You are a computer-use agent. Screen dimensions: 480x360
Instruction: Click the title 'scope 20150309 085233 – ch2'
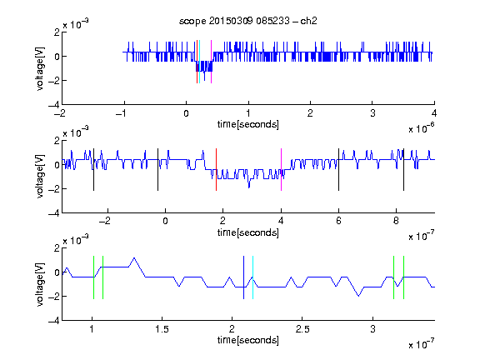click(x=248, y=21)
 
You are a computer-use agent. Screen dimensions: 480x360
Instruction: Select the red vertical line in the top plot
click(x=197, y=62)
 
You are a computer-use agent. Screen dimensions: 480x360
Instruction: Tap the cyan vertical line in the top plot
click(x=200, y=62)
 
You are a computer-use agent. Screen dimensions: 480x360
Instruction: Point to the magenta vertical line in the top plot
click(x=211, y=62)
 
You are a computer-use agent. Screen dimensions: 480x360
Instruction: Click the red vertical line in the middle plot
click(x=216, y=170)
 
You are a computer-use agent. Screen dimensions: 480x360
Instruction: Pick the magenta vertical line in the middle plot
click(x=281, y=170)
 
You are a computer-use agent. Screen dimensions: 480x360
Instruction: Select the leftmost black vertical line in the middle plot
click(x=93, y=170)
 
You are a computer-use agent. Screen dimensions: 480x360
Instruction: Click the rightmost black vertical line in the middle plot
click(x=403, y=170)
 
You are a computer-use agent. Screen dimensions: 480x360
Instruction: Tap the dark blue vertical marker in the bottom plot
click(x=243, y=277)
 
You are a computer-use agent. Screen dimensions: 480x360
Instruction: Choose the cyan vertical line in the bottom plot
click(x=252, y=277)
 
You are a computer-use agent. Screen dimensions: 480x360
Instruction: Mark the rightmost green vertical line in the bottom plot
click(x=404, y=277)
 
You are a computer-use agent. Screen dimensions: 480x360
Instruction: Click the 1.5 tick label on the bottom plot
click(x=162, y=329)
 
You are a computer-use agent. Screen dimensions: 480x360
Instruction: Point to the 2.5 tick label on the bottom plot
click(x=302, y=329)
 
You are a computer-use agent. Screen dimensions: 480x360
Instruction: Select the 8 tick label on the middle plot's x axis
click(x=396, y=221)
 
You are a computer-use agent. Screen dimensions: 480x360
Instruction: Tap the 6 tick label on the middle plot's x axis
click(x=338, y=221)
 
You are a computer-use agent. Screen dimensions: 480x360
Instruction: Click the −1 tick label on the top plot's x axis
click(x=122, y=113)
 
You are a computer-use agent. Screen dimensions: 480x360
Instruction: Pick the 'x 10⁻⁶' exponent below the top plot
click(x=422, y=128)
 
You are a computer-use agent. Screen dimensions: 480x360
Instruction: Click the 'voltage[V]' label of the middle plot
click(x=40, y=177)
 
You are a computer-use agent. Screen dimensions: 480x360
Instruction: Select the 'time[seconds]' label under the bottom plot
click(x=248, y=340)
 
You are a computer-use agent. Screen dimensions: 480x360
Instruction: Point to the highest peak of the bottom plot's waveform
click(x=134, y=258)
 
